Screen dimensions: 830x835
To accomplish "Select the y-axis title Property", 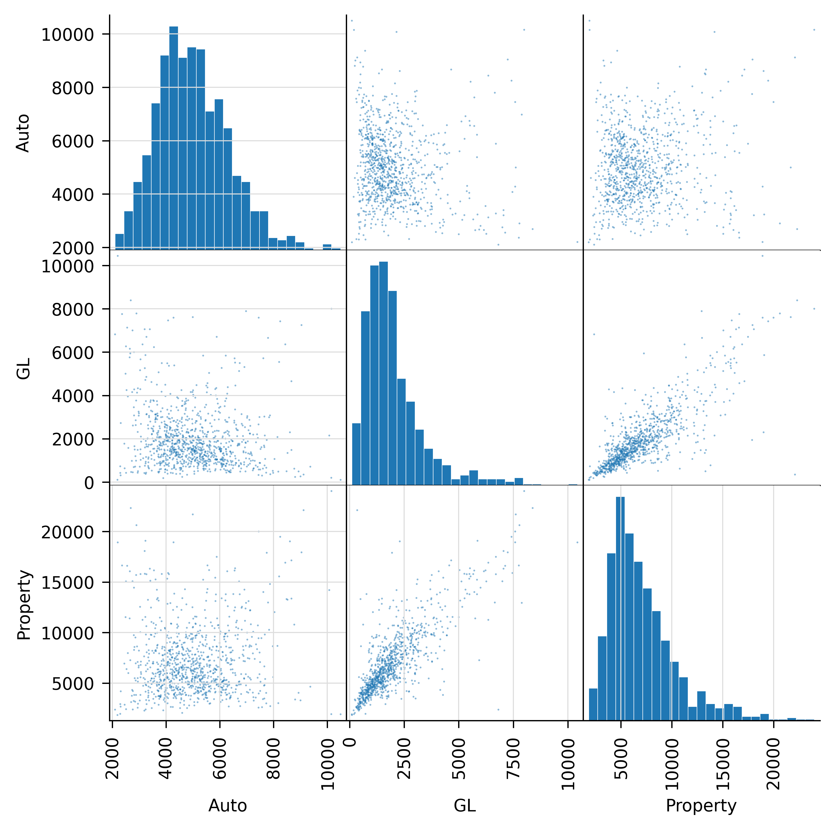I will pos(24,605).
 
